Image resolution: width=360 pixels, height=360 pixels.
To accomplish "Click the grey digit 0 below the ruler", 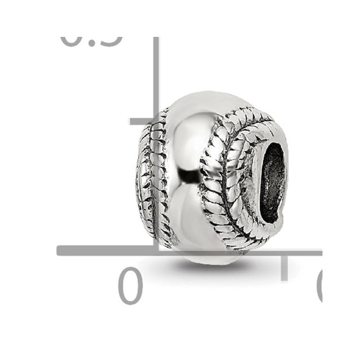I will [x=130, y=286].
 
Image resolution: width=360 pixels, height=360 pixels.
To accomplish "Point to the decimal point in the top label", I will [x=90, y=43].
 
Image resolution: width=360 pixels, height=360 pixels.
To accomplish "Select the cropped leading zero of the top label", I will [x=72, y=41].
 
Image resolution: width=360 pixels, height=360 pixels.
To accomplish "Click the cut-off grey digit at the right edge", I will [x=319, y=286].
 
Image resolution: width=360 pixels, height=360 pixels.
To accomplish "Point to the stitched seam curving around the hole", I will [x=223, y=184].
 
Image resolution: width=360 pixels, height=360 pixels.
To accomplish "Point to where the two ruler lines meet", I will [x=155, y=251].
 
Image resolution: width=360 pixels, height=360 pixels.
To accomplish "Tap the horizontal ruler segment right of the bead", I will [x=299, y=252].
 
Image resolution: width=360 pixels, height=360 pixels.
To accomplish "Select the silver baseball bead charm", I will [x=210, y=178].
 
